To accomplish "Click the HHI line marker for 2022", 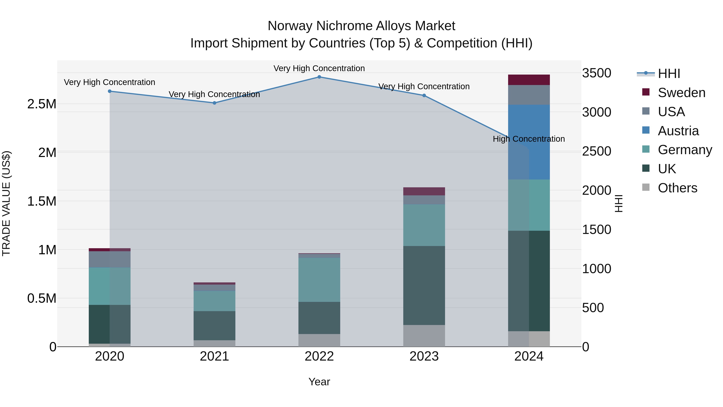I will point(319,77).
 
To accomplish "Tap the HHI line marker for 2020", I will point(109,91).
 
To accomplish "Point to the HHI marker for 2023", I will point(424,95).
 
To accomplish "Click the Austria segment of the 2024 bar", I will point(529,142).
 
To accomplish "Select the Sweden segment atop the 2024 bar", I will point(529,80).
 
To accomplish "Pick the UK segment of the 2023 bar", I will point(424,285).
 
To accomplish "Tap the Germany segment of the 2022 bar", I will point(319,280).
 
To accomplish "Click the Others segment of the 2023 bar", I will point(424,336).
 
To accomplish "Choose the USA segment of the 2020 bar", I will point(109,259).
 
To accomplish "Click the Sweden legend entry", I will point(681,93).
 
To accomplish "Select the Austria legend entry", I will point(678,131).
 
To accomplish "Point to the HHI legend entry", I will point(669,74).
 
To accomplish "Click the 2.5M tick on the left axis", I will point(42,104).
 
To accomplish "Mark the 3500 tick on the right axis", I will point(596,73).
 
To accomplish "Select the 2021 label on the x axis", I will point(214,356).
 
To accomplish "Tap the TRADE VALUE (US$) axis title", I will point(6,203).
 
